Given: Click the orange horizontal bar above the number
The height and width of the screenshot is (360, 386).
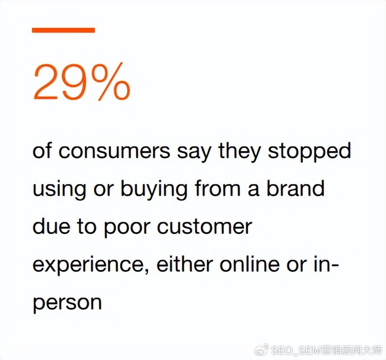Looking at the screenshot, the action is (x=63, y=30).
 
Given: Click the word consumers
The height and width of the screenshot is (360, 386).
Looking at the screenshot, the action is (x=114, y=151).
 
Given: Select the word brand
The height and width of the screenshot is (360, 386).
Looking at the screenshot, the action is (x=296, y=187).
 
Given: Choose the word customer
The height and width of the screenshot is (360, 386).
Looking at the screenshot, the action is (x=205, y=227).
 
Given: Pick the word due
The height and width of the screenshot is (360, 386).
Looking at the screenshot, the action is (x=51, y=226).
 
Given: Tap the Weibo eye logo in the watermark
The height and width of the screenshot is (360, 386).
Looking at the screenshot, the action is (x=262, y=350).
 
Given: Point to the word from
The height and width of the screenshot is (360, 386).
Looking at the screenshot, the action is (x=218, y=187).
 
